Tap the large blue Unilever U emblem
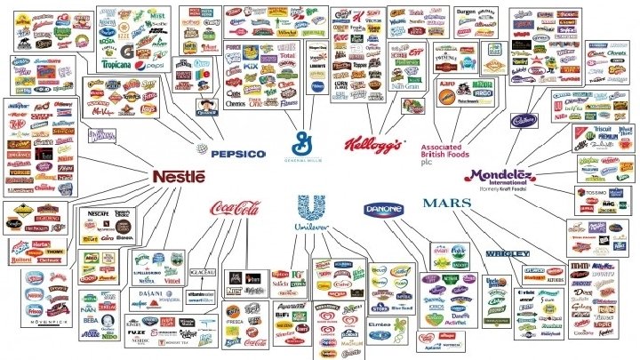[x=313, y=211]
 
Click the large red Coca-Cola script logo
[x=236, y=210]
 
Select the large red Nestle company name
[x=178, y=177]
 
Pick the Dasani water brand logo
[x=149, y=292]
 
